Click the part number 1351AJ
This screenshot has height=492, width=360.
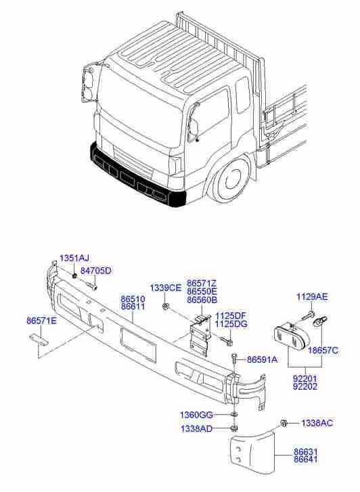click(74, 259)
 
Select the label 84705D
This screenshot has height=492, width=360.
click(95, 271)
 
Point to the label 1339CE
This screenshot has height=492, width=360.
click(166, 288)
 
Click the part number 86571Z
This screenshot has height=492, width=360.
click(202, 283)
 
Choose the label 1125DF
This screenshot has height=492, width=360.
click(231, 315)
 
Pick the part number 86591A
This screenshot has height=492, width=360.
click(262, 360)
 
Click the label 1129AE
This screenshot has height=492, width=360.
click(312, 297)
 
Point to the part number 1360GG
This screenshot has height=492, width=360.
click(196, 414)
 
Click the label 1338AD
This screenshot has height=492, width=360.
click(196, 429)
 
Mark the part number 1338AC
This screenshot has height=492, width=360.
click(317, 423)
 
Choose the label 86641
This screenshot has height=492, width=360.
click(305, 461)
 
